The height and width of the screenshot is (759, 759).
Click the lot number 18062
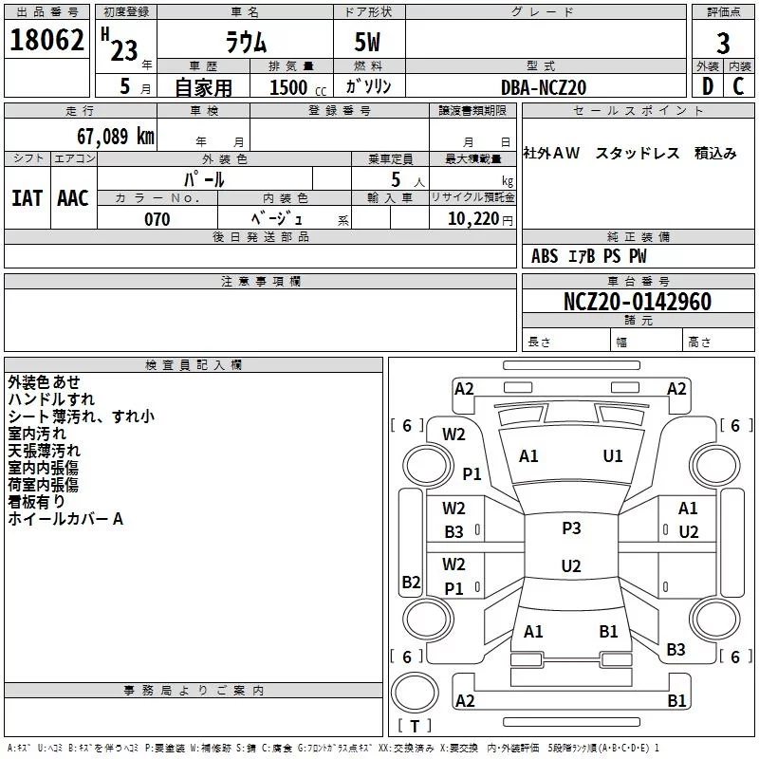click(x=46, y=40)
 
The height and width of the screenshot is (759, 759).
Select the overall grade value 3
click(x=723, y=43)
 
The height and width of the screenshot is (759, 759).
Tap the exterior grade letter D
click(x=708, y=86)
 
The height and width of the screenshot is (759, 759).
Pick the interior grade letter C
click(x=738, y=86)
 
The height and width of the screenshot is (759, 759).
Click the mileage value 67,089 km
click(x=116, y=136)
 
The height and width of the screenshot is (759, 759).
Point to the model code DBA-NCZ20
click(x=544, y=87)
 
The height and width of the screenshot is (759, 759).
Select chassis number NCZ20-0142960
click(x=638, y=302)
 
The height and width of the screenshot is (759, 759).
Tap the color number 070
click(x=157, y=219)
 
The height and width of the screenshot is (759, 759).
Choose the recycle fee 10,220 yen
click(x=480, y=219)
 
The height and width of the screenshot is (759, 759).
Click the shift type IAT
click(x=27, y=198)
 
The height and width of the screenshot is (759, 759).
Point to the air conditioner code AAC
click(x=73, y=198)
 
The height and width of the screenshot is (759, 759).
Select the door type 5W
click(x=367, y=42)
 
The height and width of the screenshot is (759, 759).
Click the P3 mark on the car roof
click(x=571, y=528)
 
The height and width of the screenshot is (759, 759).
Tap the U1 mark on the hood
click(x=613, y=456)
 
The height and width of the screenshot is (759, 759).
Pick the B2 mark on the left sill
click(x=411, y=582)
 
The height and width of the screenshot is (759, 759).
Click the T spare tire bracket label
click(x=415, y=726)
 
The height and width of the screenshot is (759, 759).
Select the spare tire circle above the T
click(x=415, y=693)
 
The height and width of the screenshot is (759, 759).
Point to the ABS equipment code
click(x=545, y=256)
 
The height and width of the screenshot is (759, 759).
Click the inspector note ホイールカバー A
click(x=65, y=519)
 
